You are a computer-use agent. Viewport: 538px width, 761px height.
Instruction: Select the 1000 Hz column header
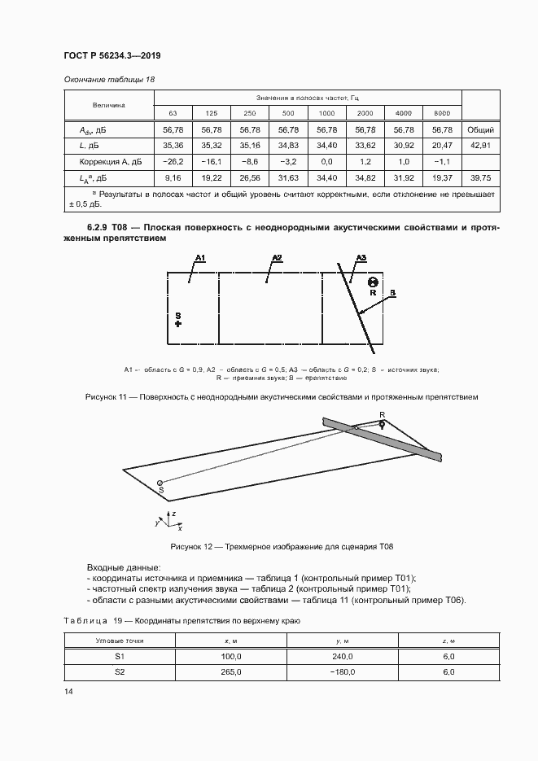tap(326, 112)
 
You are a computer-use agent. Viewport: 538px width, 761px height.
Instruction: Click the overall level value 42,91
tap(480, 146)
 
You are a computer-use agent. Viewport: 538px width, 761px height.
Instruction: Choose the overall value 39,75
tap(480, 178)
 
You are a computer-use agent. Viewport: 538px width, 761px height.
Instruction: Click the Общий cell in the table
tap(480, 129)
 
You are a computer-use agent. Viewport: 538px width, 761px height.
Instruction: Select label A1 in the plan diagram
tap(200, 258)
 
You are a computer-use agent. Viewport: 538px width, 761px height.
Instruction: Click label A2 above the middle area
tap(277, 258)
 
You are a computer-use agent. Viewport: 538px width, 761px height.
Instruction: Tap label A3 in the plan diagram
tap(361, 258)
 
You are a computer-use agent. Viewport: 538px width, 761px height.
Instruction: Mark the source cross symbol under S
tap(178, 323)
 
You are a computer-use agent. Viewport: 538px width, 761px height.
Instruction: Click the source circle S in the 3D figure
tap(160, 482)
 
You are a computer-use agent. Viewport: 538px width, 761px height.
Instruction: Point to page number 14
tap(68, 692)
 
